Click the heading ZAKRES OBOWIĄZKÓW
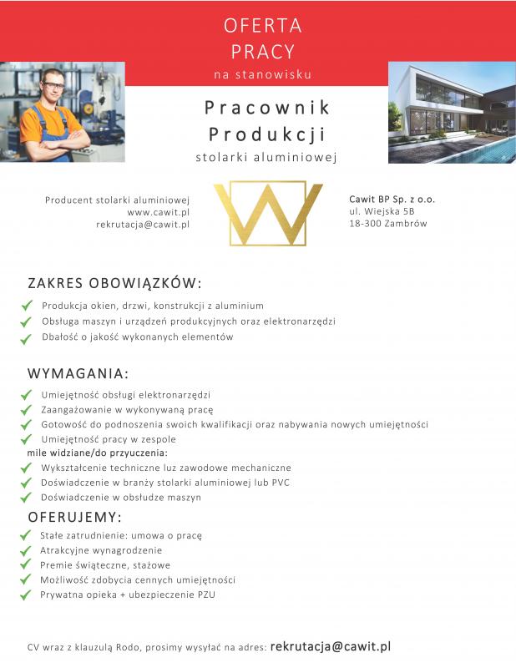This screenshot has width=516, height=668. coord(114,283)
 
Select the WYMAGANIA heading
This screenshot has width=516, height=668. coord(78,372)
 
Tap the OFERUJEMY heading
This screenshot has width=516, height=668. coord(75,515)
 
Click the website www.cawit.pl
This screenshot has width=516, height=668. coord(159,212)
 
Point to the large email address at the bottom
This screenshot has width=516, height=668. coord(331,646)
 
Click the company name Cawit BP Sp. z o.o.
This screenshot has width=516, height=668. coord(392,200)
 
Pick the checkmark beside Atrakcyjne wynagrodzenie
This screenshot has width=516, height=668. coord(25,551)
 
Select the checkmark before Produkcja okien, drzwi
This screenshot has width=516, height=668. coord(25,306)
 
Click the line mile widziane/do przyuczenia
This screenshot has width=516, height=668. coord(97,453)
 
